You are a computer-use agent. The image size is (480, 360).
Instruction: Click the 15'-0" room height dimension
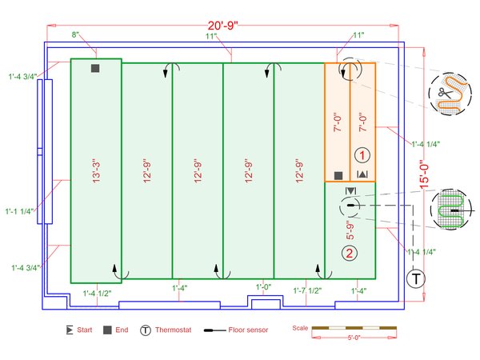[x=425, y=172]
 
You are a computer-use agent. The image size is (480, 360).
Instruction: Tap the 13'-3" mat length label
[x=96, y=170]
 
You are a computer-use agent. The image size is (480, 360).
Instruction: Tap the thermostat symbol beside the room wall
[x=415, y=278]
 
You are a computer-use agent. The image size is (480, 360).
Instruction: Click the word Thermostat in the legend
[x=173, y=329]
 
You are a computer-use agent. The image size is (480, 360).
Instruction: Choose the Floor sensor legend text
[x=248, y=329]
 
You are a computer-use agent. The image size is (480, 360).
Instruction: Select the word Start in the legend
[x=85, y=329]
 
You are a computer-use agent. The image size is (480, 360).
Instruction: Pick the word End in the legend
[x=122, y=329]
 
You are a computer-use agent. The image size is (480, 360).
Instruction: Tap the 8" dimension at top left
[x=75, y=35]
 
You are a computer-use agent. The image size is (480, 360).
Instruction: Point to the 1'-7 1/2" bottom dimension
[x=308, y=290]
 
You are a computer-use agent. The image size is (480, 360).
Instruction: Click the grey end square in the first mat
[x=95, y=69]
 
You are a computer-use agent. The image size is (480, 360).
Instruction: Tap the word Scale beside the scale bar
[x=300, y=327]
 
